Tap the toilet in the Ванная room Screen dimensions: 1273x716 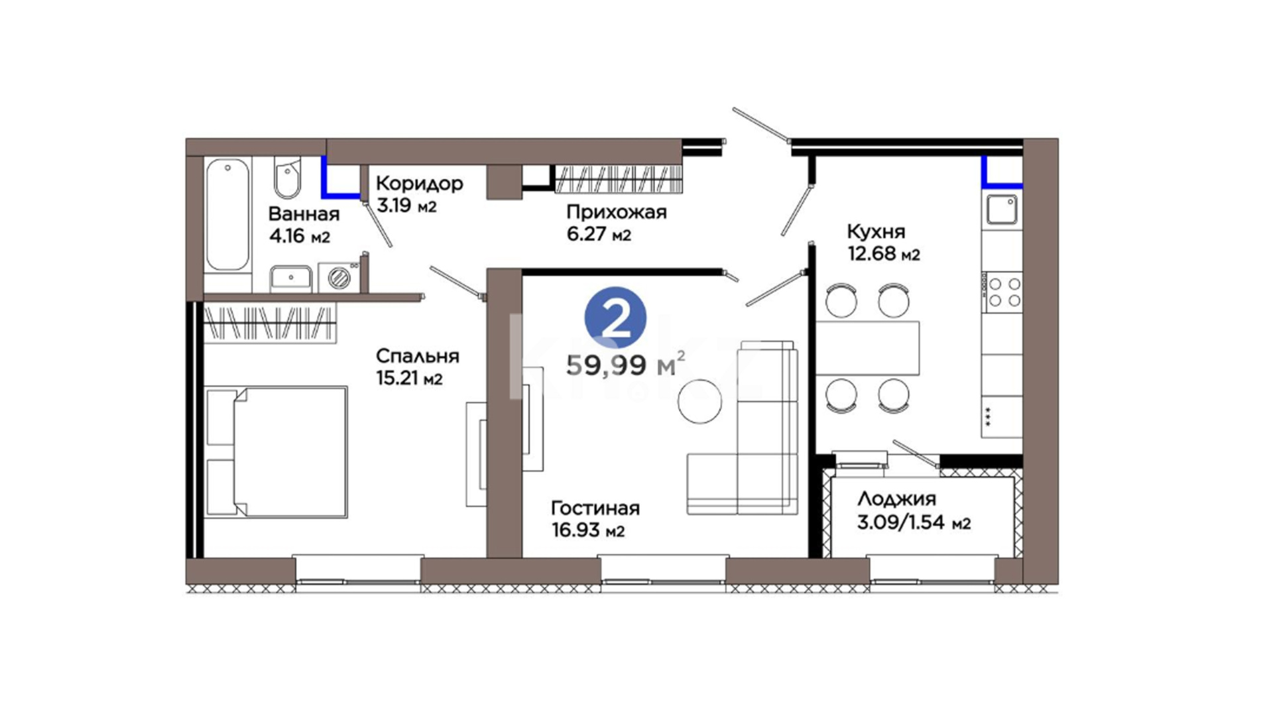287,177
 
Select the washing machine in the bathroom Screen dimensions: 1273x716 339,276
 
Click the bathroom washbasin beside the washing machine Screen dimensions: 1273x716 290,278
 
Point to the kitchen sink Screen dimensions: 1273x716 1002,211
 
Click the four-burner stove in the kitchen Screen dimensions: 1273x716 1002,292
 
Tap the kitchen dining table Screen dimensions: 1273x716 867,348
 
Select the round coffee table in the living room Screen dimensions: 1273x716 699,400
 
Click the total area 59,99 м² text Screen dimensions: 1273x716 625,365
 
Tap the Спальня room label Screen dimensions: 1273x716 417,357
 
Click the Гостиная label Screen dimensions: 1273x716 595,508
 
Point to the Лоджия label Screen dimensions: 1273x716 896,499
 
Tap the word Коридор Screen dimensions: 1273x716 419,183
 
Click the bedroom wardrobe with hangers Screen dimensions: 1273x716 270,322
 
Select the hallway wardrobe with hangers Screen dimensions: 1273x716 619,178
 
